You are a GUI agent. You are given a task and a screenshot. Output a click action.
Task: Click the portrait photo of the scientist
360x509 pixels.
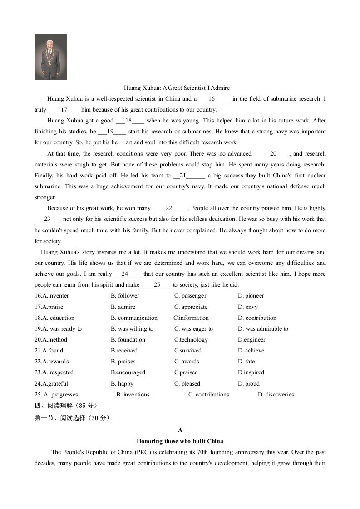click(50, 57)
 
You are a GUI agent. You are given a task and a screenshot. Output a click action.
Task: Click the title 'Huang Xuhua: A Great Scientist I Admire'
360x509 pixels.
click(177, 88)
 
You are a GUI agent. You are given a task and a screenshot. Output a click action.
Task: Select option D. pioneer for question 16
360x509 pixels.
click(251, 296)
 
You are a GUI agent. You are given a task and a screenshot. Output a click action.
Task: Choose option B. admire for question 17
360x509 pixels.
click(123, 307)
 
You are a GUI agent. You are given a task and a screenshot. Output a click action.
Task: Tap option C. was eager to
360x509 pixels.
click(193, 328)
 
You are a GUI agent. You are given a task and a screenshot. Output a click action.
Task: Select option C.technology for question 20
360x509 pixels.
click(191, 339)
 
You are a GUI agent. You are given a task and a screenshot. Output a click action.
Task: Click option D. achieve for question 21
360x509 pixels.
click(251, 350)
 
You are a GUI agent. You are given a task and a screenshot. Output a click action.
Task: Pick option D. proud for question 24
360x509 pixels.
click(249, 383)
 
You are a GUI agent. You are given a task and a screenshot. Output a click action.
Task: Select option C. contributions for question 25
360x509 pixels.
click(208, 394)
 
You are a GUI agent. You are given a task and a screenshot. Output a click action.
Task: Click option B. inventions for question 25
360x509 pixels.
click(133, 394)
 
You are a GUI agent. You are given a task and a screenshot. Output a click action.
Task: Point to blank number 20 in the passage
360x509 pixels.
click(273, 154)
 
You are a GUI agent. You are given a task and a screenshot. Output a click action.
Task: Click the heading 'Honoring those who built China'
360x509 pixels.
click(180, 441)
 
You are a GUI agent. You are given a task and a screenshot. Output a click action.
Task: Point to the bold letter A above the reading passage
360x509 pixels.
click(180, 430)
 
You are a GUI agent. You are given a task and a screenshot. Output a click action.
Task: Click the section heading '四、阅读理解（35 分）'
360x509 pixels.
click(66, 406)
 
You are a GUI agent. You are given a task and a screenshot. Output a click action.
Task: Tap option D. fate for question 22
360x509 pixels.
click(246, 362)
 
